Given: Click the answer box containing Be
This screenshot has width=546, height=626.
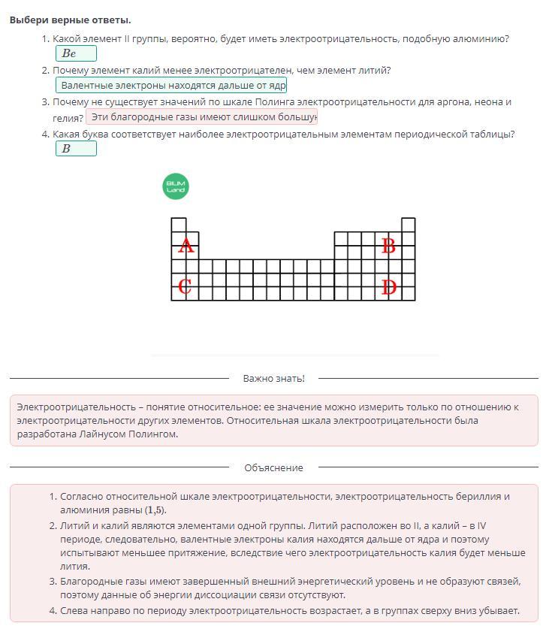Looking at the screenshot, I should (x=76, y=53).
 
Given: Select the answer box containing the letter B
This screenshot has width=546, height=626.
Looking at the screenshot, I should (x=76, y=149).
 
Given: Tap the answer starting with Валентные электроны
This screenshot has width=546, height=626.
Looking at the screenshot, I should (x=171, y=86).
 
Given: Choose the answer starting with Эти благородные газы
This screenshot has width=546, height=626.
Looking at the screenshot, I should (x=202, y=117).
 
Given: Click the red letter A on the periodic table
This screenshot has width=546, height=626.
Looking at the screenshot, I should (x=186, y=246).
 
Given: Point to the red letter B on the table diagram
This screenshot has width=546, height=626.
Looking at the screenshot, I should (x=388, y=246).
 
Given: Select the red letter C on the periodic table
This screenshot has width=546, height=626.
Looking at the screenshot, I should (x=185, y=286).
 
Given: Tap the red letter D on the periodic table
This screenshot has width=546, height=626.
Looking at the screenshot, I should (x=388, y=287).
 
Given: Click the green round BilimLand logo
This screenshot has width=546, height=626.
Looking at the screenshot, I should (x=176, y=186).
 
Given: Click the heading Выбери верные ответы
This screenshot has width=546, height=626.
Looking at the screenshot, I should (x=70, y=20).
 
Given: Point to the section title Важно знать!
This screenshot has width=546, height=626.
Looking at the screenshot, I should (x=273, y=378).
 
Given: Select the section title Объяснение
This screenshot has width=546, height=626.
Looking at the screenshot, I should (x=273, y=467).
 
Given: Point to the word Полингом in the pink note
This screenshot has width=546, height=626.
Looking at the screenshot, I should (x=153, y=434).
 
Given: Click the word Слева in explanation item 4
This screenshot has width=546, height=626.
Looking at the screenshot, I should (x=74, y=610).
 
